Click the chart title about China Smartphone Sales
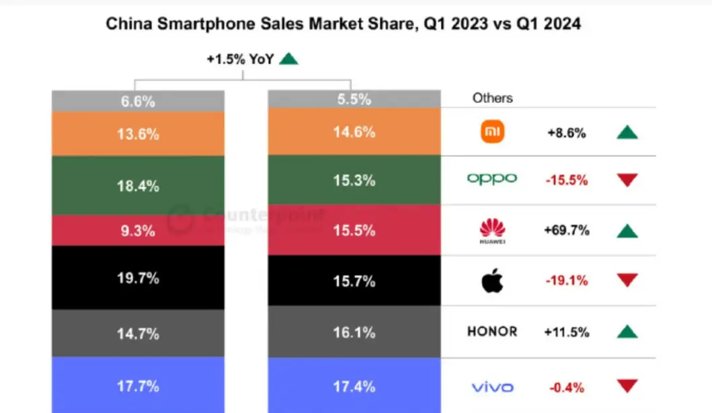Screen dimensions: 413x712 pyautogui.click(x=344, y=24)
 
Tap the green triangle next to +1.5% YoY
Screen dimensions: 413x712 pyautogui.click(x=288, y=59)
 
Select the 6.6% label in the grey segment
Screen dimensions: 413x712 pyautogui.click(x=138, y=102)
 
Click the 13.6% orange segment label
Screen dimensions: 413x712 pyautogui.click(x=138, y=134)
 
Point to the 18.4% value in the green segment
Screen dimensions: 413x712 pyautogui.click(x=138, y=186)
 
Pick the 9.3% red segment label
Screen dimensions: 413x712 pyautogui.click(x=138, y=231)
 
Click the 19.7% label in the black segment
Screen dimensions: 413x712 pyautogui.click(x=138, y=277)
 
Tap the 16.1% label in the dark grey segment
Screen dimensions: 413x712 pyautogui.click(x=354, y=333)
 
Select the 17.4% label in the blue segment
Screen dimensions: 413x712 pyautogui.click(x=354, y=386)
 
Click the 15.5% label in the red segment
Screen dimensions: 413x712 pyautogui.click(x=354, y=231)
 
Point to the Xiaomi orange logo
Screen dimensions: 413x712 pyautogui.click(x=493, y=133)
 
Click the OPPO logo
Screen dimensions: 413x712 pyautogui.click(x=492, y=179)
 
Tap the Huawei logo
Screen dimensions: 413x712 pyautogui.click(x=493, y=231)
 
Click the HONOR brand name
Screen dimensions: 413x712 pyautogui.click(x=492, y=331)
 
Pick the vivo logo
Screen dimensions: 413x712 pyautogui.click(x=492, y=387)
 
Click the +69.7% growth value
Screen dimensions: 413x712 pyautogui.click(x=566, y=231)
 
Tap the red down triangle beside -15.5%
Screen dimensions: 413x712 pyautogui.click(x=627, y=180)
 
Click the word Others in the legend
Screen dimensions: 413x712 pyautogui.click(x=492, y=98)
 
